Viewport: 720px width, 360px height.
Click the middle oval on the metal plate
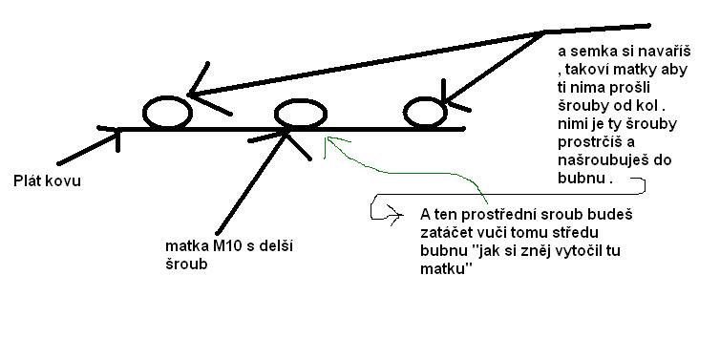pos(300,114)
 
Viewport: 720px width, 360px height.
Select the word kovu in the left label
pos(64,180)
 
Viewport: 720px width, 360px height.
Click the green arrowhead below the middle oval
pos(328,144)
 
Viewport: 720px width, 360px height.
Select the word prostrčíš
pos(585,142)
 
